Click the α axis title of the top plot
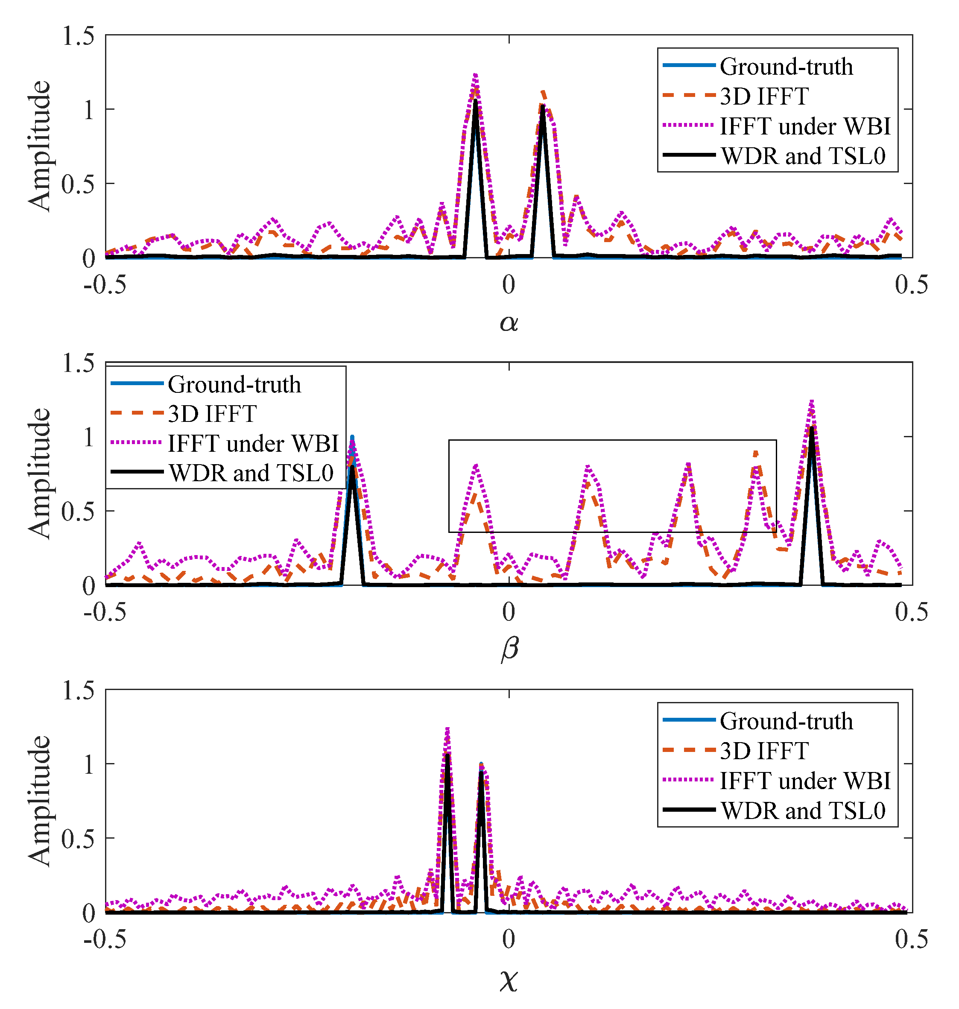509,322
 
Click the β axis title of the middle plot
509,649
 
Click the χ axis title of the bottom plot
509,980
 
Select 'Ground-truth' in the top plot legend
786,67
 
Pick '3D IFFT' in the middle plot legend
212,414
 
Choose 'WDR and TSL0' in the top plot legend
803,156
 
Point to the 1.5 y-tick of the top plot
78,36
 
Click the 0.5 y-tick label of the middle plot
78,511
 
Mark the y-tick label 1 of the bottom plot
88,765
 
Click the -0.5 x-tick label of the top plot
105,285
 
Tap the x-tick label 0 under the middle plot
508,612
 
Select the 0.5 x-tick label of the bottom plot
911,939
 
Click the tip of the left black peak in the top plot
475,101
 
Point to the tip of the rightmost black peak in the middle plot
811,427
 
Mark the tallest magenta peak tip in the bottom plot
447,729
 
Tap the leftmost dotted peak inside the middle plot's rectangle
476,466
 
